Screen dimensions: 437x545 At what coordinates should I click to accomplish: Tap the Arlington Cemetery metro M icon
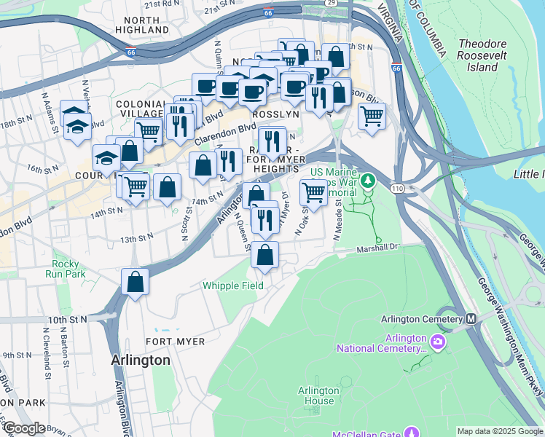471,319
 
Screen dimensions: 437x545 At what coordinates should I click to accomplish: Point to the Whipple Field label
233,286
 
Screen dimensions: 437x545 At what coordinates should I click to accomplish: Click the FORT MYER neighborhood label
169,341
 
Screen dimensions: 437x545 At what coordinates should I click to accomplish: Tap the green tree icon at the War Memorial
369,179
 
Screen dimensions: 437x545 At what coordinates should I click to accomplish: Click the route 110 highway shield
395,189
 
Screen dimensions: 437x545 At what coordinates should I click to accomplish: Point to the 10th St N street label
68,319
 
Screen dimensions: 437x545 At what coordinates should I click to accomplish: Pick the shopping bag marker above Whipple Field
265,256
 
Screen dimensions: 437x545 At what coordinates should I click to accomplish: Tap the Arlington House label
317,395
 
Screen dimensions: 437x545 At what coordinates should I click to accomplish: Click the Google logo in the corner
24,428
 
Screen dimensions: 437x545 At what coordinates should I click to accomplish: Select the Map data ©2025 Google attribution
499,431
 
